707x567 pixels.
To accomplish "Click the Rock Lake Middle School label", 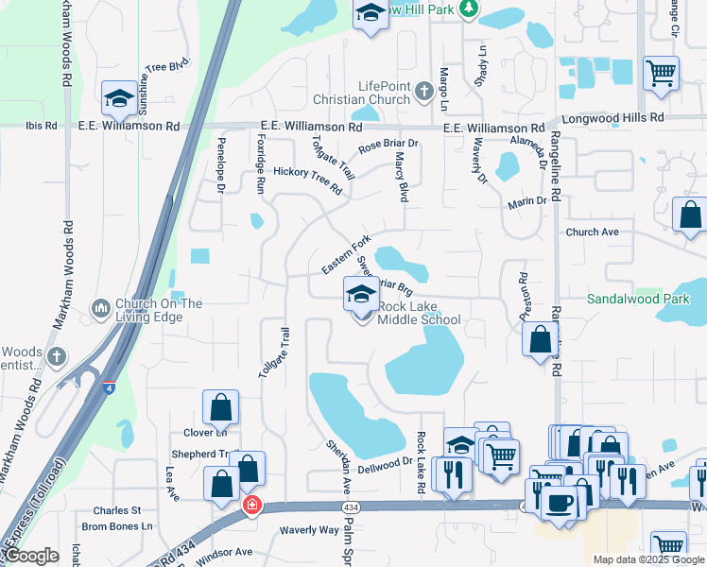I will tap(420, 313).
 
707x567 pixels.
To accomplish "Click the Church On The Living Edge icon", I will tap(101, 309).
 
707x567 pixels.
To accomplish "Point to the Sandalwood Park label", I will tap(637, 298).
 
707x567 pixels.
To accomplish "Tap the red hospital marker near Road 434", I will tap(251, 505).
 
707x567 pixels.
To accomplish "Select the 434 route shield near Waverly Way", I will tap(352, 507).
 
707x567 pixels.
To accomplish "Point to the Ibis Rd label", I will tap(42, 125).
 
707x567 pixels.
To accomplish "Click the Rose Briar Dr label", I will tap(388, 147).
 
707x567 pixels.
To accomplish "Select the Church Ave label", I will tap(593, 232).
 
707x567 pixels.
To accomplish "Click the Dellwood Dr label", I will tap(386, 462).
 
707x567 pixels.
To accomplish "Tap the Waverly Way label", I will tap(309, 530).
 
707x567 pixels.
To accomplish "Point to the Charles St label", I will tap(118, 510).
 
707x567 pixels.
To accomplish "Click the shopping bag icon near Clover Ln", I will tap(220, 408).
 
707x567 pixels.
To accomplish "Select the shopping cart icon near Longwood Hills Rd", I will tap(661, 73).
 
